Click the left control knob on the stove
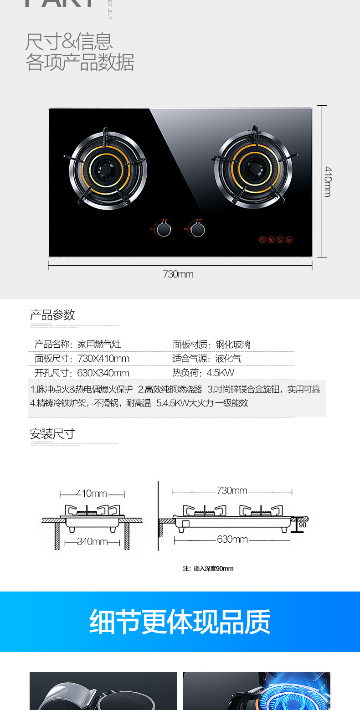click(165, 229)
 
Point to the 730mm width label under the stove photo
click(178, 274)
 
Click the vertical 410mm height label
click(328, 181)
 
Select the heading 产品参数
click(52, 315)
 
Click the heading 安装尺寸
click(52, 433)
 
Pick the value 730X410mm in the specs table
click(103, 359)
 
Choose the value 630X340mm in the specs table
click(103, 373)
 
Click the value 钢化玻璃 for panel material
click(233, 345)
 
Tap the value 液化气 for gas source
click(228, 359)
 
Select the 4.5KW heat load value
click(221, 373)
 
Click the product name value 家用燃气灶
click(99, 345)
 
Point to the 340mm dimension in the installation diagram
click(93, 542)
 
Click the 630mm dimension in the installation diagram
click(232, 540)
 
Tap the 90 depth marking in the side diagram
click(303, 525)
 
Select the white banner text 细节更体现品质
click(180, 622)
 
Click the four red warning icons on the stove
click(276, 240)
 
